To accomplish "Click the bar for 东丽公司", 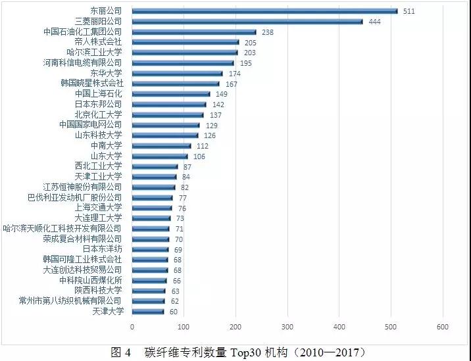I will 264,11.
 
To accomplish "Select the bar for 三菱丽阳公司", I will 247,21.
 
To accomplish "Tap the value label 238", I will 267,32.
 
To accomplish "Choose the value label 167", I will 231,84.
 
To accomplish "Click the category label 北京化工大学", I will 98,114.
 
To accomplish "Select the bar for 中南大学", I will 161,145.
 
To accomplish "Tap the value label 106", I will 199,156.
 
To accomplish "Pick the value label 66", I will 177,280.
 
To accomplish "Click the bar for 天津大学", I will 148,311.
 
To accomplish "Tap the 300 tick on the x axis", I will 287,327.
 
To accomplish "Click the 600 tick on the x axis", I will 442,327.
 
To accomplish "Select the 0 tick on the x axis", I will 132,327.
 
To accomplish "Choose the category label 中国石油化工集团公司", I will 82,32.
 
